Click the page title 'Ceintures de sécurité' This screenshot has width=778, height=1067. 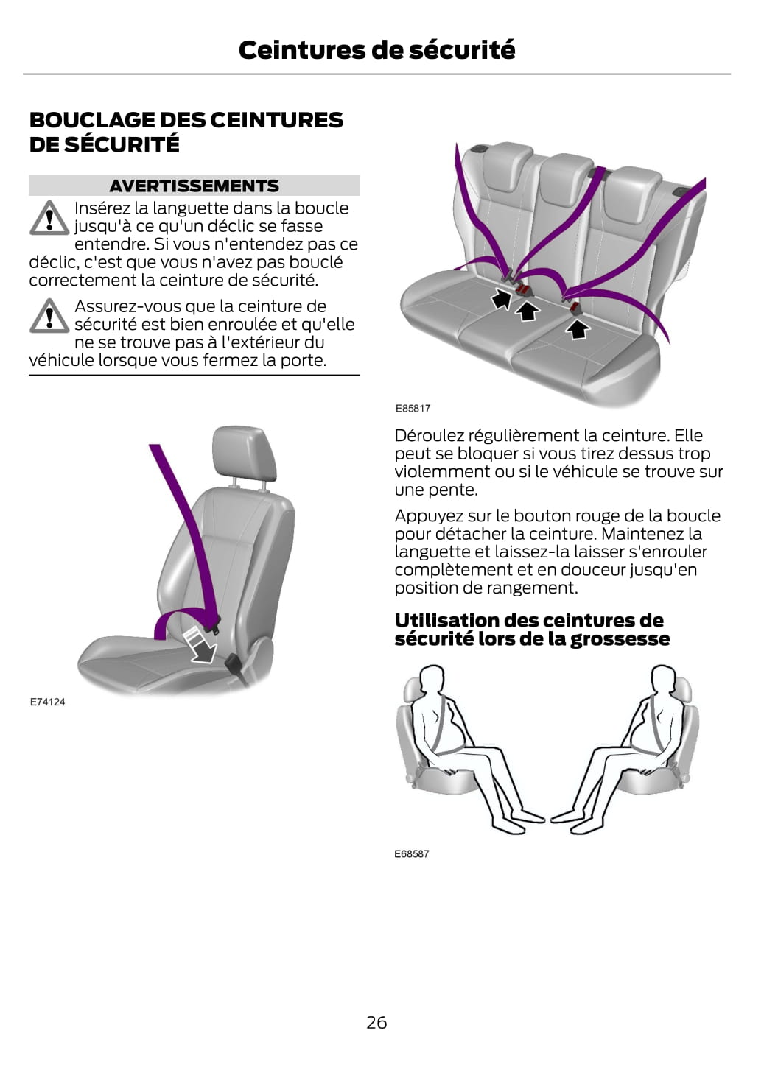[376, 49]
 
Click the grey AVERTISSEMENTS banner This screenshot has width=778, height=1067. [194, 186]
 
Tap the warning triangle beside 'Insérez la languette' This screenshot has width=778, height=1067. [49, 218]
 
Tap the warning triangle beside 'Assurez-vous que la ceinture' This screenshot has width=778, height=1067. [49, 316]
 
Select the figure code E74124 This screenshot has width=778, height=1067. [48, 702]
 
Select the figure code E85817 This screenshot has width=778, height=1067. [413, 408]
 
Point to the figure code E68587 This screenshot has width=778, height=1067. [412, 854]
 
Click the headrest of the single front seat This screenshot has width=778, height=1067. [244, 454]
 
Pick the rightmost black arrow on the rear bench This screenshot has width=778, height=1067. [578, 329]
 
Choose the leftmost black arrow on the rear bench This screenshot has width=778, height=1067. [501, 298]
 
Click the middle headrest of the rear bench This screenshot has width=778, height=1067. [567, 183]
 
